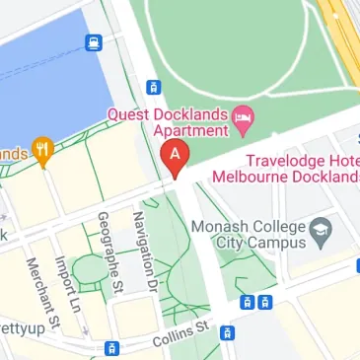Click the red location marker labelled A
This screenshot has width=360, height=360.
point(175,157)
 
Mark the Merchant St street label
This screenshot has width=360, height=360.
point(45,292)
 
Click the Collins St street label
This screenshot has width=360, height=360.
point(182,333)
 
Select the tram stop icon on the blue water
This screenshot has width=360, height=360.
point(94,41)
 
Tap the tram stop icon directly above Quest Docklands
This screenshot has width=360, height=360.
point(154,87)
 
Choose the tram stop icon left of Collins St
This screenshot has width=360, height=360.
point(111,347)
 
